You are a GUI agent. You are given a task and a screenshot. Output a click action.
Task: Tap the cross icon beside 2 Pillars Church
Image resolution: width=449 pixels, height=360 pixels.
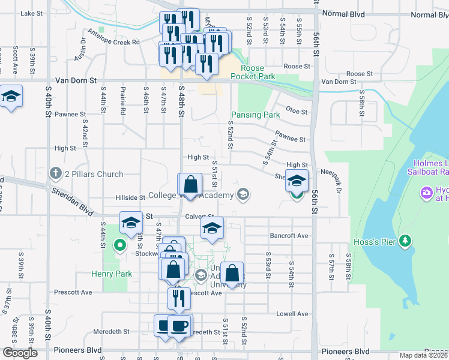point(56,174)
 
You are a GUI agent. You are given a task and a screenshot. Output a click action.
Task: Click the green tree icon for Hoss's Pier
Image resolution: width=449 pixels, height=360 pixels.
point(406,241)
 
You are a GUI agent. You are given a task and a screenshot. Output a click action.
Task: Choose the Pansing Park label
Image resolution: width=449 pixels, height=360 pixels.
point(256,115)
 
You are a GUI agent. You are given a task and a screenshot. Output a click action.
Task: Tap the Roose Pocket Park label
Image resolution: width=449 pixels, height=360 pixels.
point(258,73)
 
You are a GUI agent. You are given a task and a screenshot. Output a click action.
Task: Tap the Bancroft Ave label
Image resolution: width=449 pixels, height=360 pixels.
point(289,236)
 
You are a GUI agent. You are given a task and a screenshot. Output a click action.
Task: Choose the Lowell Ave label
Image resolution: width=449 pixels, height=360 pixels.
point(292,314)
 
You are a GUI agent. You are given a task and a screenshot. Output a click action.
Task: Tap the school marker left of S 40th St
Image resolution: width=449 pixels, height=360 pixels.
point(11,98)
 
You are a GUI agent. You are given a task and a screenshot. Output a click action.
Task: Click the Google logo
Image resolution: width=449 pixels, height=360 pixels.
point(20,353)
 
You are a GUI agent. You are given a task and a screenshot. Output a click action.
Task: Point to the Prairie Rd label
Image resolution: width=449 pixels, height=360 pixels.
point(122,100)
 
